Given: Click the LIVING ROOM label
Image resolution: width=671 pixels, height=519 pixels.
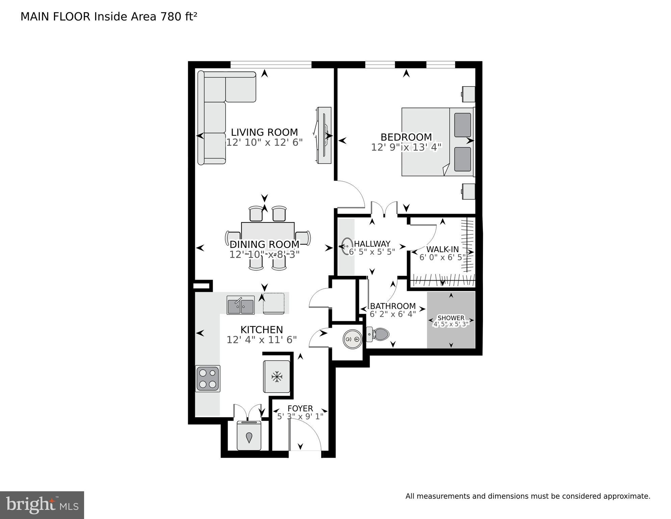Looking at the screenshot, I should point(264,132).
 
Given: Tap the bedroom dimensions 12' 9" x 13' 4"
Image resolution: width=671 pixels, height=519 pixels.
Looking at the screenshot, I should point(406,147).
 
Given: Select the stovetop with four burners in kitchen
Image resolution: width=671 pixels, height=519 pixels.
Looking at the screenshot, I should point(208,379).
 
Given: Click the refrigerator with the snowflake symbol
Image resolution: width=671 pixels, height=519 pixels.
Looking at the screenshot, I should point(277,376).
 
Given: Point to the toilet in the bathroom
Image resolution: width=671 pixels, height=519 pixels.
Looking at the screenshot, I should point(379,334).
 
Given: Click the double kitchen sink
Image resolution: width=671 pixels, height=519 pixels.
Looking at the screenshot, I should point(240,305).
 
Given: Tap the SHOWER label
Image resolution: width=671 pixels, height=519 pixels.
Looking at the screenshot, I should point(451,318).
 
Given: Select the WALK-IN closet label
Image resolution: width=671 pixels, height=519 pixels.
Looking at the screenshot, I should point(442,250).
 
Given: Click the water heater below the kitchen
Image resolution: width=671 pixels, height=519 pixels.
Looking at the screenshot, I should point(249,436).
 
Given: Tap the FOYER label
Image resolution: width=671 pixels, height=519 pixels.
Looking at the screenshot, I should point(300,408).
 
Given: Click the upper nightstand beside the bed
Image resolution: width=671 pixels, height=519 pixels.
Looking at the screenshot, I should point(468,94).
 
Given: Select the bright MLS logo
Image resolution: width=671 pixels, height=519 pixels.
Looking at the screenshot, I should point(42,505).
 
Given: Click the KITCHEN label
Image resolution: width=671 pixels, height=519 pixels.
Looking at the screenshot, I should point(262,330).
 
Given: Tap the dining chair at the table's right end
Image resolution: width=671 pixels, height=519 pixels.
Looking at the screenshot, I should point(304,238).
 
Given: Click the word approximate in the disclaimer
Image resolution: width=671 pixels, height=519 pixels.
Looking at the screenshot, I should point(626,496).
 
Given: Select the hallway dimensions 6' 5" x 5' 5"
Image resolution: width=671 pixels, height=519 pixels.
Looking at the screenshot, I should point(372,252).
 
